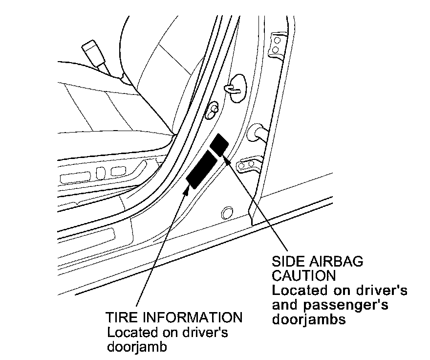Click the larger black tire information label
[202, 169]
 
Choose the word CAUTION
[303, 275]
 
